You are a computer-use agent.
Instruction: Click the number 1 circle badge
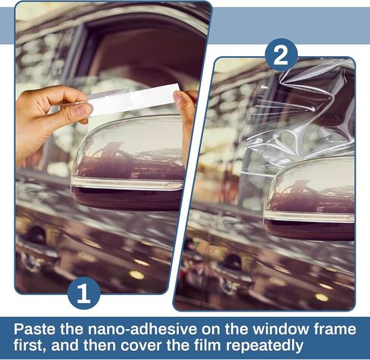coord(84,293)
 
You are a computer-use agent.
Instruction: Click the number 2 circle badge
coord(281,55)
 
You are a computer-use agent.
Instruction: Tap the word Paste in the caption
coord(35,329)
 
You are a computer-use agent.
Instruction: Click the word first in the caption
coord(30,345)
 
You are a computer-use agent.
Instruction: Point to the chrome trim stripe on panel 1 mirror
coord(127,184)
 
